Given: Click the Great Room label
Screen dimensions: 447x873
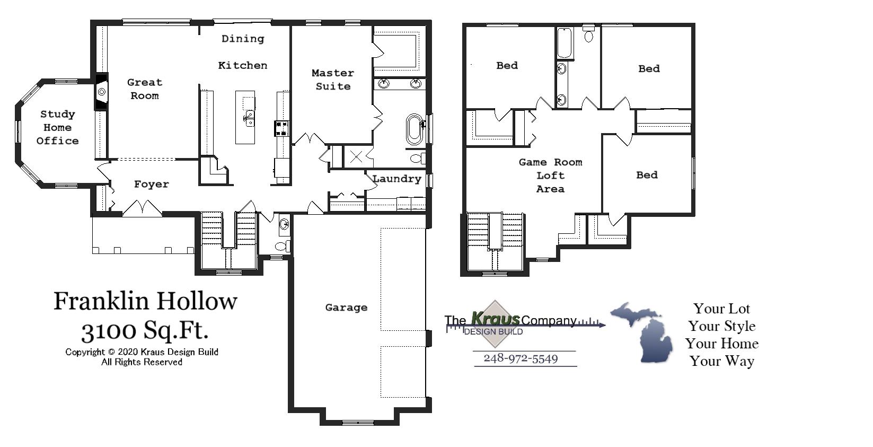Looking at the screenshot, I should [144, 89].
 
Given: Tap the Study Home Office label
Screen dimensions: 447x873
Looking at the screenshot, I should [57, 127].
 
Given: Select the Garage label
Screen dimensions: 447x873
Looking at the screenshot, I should [346, 308].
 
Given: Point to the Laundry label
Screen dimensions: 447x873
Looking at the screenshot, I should [396, 179].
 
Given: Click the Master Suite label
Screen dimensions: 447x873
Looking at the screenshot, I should [333, 80].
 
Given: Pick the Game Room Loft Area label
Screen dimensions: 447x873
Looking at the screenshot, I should [550, 176].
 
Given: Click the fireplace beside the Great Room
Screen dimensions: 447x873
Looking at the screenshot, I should [101, 92].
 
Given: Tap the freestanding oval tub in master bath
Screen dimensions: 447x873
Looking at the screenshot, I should [414, 129].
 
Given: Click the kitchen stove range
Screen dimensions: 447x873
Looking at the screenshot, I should [281, 128].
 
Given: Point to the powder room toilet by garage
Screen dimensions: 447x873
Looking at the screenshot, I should [282, 246].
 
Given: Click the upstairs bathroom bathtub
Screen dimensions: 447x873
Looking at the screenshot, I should [565, 43].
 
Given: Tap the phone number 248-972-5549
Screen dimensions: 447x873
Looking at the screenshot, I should [521, 359].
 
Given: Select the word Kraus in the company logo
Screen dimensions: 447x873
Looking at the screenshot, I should [495, 319].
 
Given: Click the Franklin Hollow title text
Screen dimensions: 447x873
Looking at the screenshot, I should [145, 301].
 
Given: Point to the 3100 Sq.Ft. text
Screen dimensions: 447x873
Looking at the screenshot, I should [145, 331].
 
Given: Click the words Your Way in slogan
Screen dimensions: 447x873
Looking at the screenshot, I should [721, 362].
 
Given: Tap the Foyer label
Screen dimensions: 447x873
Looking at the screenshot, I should [151, 185].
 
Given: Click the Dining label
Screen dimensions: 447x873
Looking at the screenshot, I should [242, 39].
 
